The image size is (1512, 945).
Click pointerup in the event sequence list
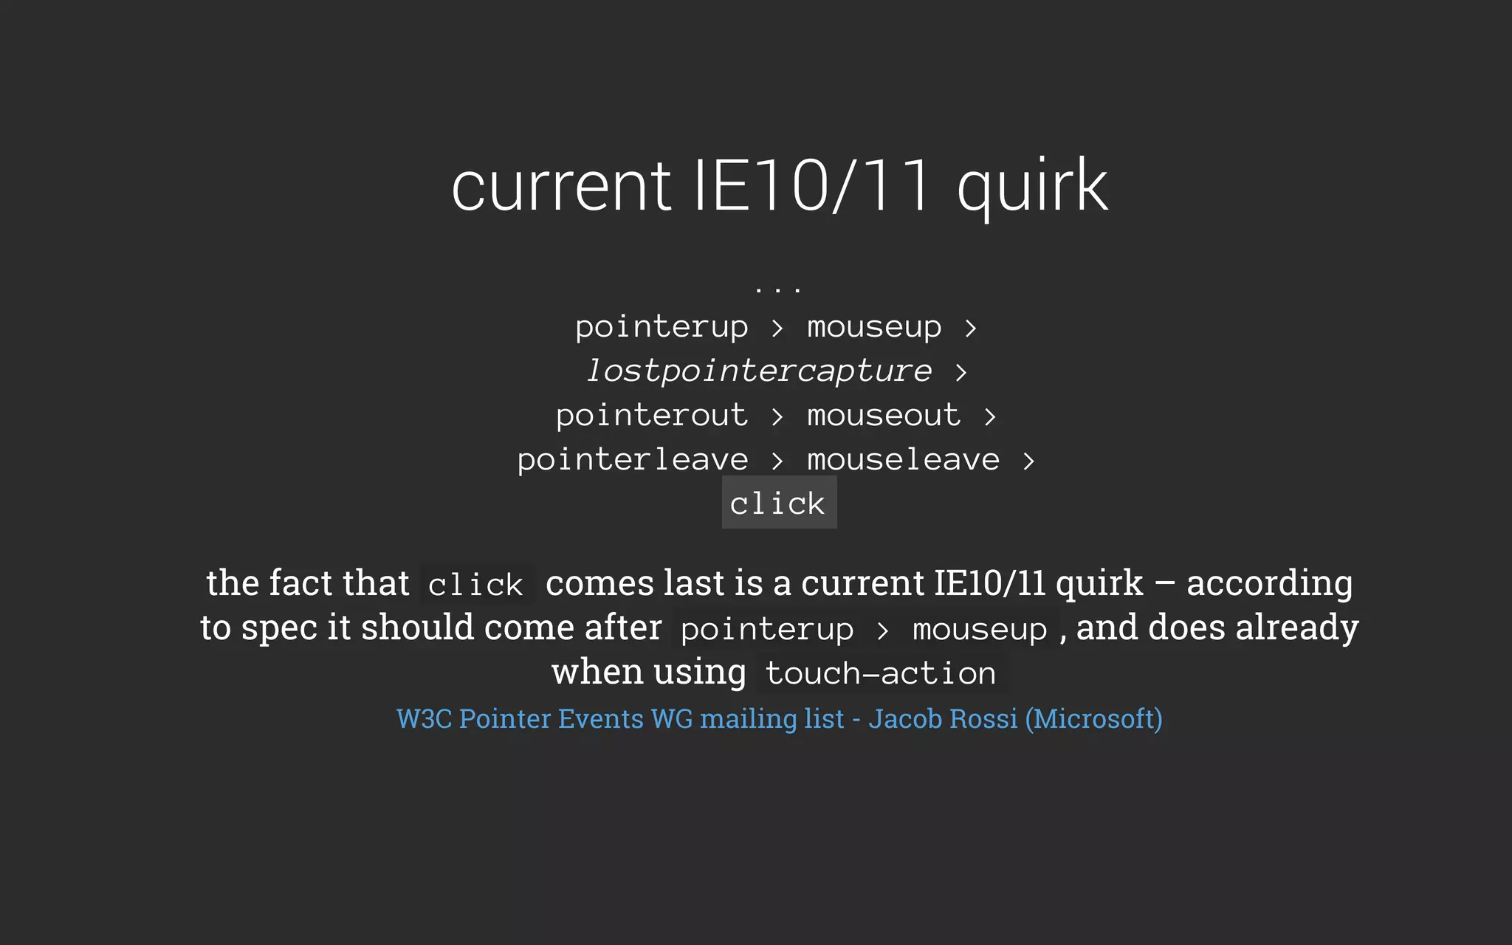(661, 327)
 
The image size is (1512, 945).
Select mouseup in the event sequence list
(874, 327)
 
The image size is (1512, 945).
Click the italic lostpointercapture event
(759, 371)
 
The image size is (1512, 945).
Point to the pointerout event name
(652, 415)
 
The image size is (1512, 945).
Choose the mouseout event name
(884, 415)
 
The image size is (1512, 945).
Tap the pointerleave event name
(633, 459)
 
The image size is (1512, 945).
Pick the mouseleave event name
(903, 459)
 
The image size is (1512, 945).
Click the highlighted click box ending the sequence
(778, 504)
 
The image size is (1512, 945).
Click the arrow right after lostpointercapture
(961, 372)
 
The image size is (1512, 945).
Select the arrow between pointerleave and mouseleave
(777, 461)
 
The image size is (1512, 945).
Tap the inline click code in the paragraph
(476, 585)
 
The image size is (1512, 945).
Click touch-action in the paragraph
(881, 673)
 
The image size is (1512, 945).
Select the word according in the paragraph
(1270, 583)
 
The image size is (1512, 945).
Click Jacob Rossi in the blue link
(943, 718)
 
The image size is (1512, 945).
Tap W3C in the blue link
(424, 718)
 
